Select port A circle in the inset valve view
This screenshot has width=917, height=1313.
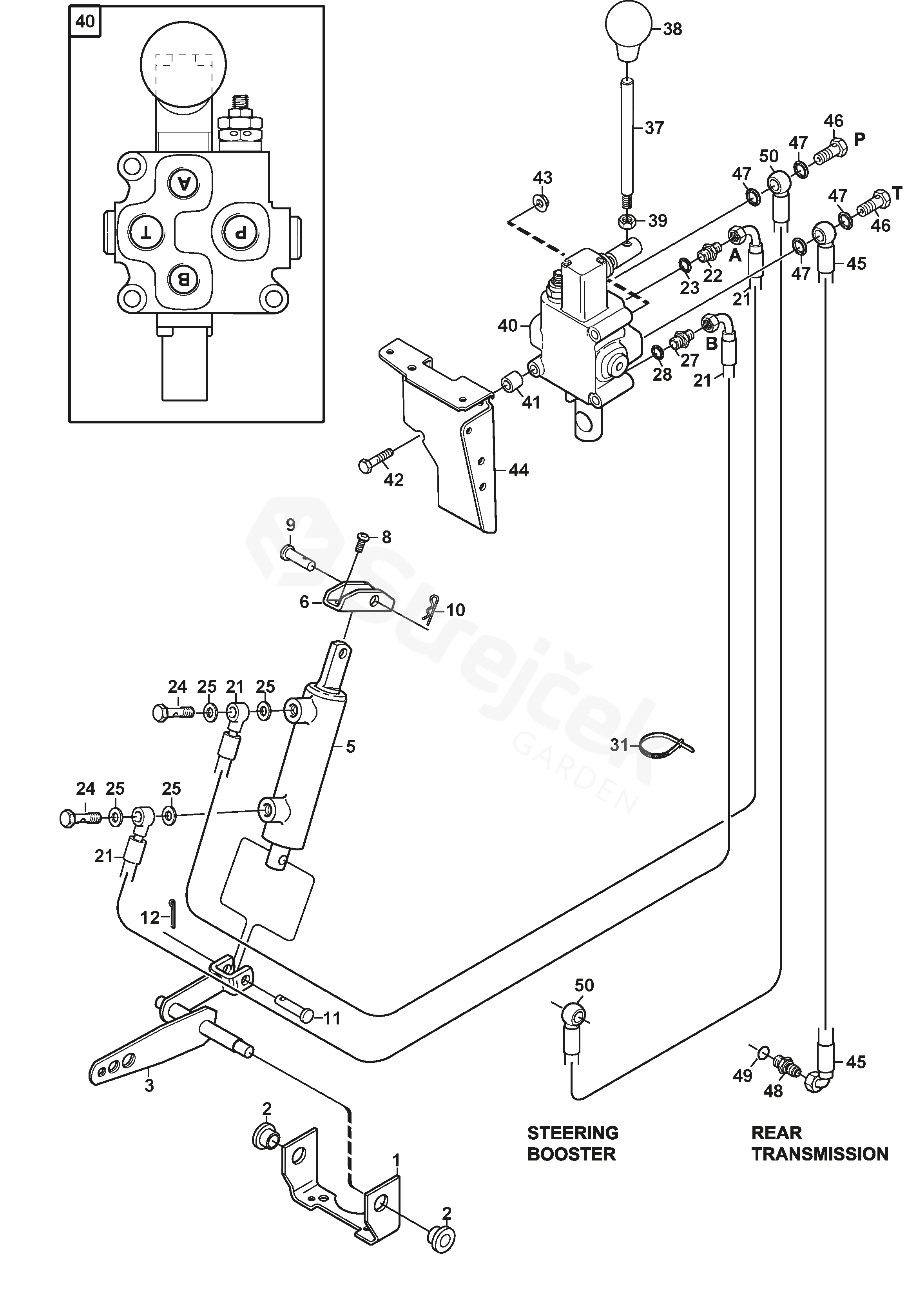[x=183, y=183]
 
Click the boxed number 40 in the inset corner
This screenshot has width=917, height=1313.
[x=85, y=22]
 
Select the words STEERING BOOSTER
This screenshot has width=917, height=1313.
[x=572, y=1143]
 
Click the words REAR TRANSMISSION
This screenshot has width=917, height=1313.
[x=819, y=1143]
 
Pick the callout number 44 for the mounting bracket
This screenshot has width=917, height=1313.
[x=518, y=470]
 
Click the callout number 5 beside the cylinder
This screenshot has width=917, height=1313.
[x=350, y=746]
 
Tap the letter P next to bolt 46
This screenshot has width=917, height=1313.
[x=859, y=138]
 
